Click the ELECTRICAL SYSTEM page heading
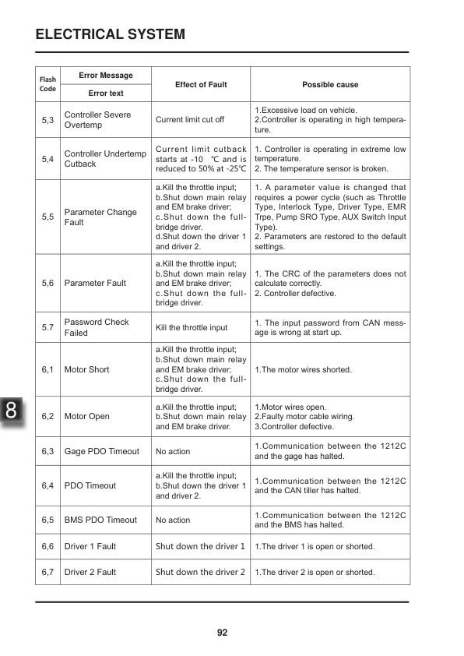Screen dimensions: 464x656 click(111, 34)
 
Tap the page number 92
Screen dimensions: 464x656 click(222, 633)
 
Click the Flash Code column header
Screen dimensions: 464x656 click(47, 84)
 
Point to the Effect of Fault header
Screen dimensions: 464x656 click(201, 84)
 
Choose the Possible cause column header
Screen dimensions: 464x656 click(330, 84)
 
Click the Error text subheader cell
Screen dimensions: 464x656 click(106, 93)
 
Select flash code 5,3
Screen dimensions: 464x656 click(47, 120)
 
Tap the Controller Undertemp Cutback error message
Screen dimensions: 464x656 click(105, 159)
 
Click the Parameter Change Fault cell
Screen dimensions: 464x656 click(100, 217)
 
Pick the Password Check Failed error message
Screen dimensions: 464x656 click(97, 327)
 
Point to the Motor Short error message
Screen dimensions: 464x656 click(87, 369)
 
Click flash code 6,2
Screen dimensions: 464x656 click(47, 416)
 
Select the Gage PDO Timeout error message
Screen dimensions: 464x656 click(102, 451)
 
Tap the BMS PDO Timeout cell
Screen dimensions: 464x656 click(100, 520)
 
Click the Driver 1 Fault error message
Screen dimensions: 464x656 click(90, 546)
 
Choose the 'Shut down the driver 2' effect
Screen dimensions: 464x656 click(200, 572)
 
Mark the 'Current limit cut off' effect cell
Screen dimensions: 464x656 click(190, 120)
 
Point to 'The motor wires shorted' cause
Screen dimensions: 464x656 click(303, 369)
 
